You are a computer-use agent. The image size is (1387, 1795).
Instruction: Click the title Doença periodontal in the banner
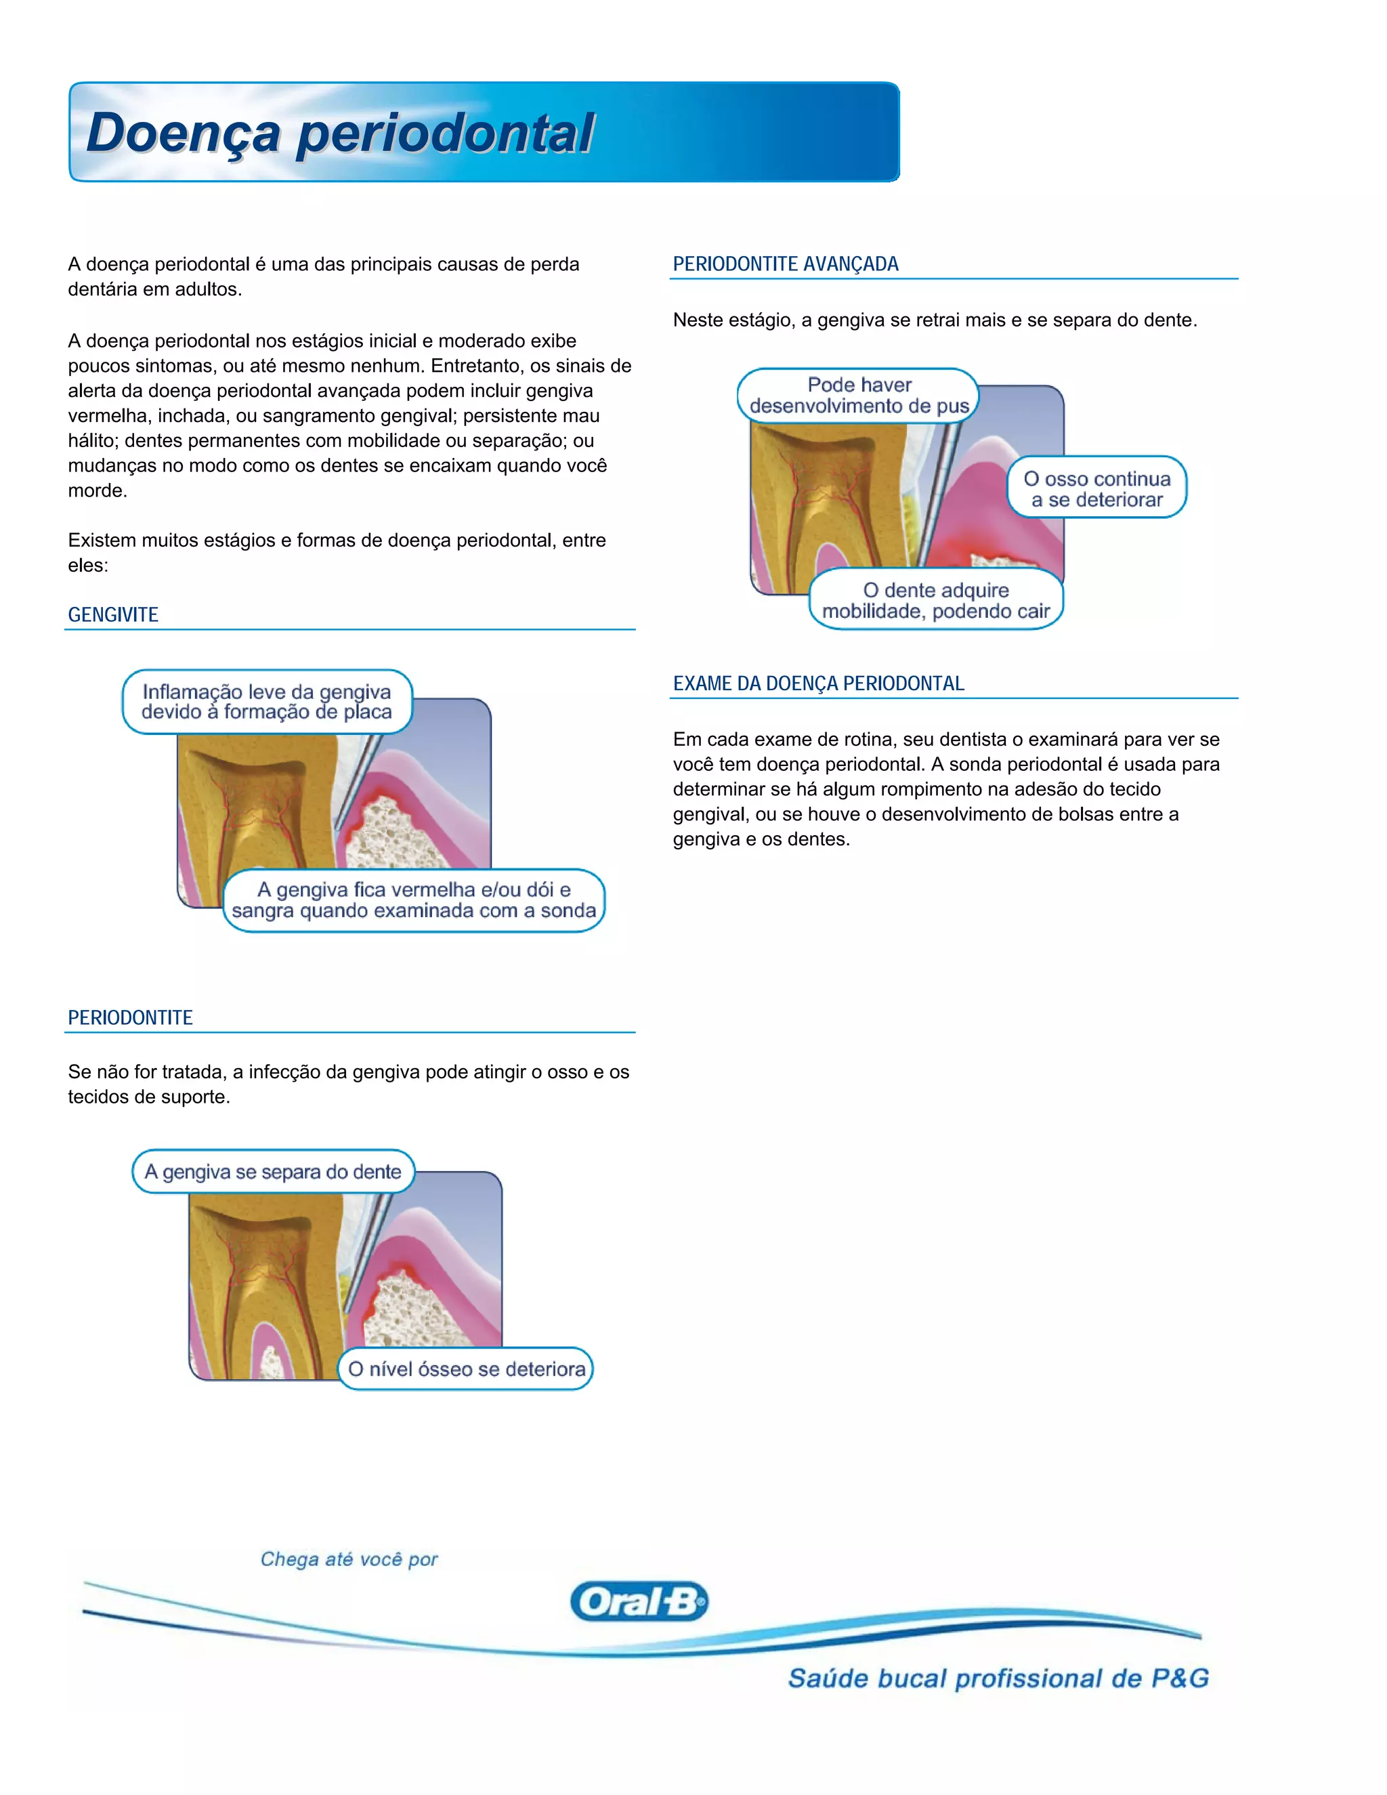339,133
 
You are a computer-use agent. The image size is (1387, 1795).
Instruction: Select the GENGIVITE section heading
113,615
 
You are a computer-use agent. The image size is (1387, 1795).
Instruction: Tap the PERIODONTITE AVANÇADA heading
785,263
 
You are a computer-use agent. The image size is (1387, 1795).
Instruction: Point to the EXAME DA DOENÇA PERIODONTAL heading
817,684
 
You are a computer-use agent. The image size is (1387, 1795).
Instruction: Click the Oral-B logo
639,1601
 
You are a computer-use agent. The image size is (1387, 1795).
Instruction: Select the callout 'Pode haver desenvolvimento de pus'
859,396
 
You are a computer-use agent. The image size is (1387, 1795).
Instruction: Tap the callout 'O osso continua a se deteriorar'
1096,488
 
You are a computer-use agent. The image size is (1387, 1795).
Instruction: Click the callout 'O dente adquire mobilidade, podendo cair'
936,600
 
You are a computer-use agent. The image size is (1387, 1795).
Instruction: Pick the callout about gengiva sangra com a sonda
413,900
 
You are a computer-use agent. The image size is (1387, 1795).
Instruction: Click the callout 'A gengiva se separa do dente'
273,1171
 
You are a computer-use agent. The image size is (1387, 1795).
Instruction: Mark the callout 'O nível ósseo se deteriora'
466,1368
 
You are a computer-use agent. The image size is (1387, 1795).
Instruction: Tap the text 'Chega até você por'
349,1559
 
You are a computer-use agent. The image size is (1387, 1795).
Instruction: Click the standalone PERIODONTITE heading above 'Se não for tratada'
130,1017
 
